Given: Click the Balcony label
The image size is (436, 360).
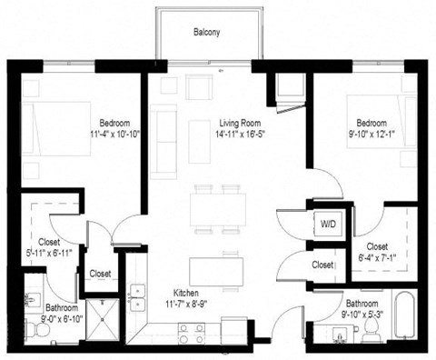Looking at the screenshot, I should coord(206,32).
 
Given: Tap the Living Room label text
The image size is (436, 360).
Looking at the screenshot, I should coord(241,123).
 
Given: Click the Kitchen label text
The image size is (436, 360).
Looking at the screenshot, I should coord(186,294).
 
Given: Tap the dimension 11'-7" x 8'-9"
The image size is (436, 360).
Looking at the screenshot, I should coord(186,305).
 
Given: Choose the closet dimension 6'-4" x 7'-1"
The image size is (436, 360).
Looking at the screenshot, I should coord(376,257).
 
